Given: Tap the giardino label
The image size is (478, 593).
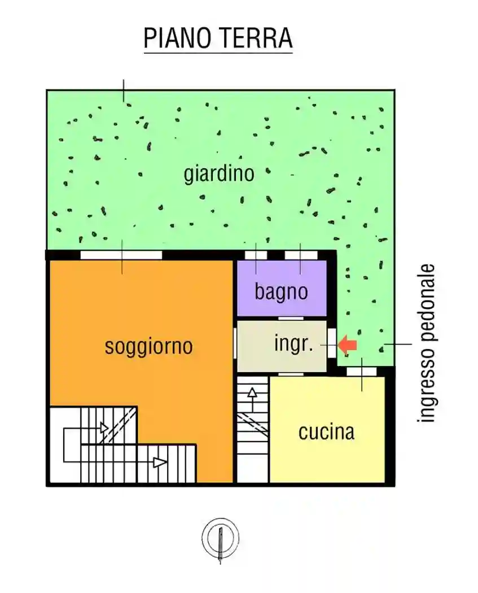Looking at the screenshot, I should click(x=219, y=174).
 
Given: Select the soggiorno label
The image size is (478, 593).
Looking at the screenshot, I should click(x=148, y=346).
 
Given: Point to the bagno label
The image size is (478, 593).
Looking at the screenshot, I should click(x=281, y=292).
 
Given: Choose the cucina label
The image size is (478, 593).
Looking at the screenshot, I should click(x=326, y=432).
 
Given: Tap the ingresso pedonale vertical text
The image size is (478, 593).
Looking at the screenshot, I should click(x=428, y=343).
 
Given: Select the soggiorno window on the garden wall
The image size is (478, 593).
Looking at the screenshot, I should click(x=121, y=255).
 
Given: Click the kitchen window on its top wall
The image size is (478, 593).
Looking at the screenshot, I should click(x=361, y=371).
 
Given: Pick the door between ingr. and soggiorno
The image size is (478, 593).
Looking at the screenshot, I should click(x=235, y=342).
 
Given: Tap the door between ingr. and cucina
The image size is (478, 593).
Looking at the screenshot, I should click(x=291, y=374).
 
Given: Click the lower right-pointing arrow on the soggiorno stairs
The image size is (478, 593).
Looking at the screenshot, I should click(x=160, y=463).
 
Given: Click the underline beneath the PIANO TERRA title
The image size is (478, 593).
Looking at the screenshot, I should click(x=218, y=54).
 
